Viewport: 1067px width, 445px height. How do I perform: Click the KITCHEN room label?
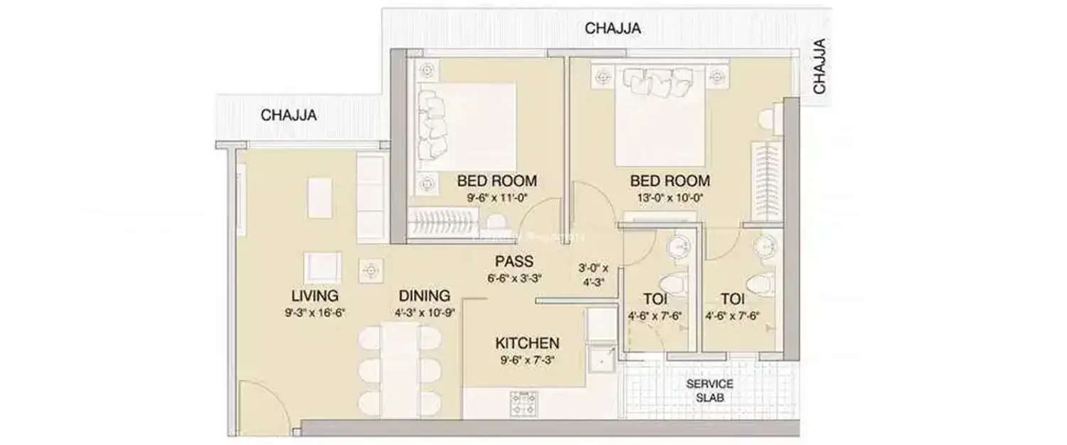pyautogui.click(x=526, y=343)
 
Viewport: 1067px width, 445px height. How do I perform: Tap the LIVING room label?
pyautogui.click(x=314, y=295)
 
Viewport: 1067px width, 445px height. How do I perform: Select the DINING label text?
pyautogui.click(x=423, y=295)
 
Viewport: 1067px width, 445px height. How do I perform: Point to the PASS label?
pyautogui.click(x=514, y=261)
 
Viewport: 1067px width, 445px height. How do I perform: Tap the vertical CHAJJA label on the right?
pyautogui.click(x=820, y=66)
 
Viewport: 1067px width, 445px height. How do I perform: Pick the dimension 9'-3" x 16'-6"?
pyautogui.click(x=314, y=313)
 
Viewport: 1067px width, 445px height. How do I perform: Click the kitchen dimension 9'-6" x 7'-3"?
pyautogui.click(x=526, y=360)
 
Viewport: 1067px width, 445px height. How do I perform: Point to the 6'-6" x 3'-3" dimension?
pyautogui.click(x=514, y=278)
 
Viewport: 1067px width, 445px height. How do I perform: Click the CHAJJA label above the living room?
pyautogui.click(x=289, y=115)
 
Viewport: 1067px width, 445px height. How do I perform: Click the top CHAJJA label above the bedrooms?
pyautogui.click(x=612, y=28)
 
